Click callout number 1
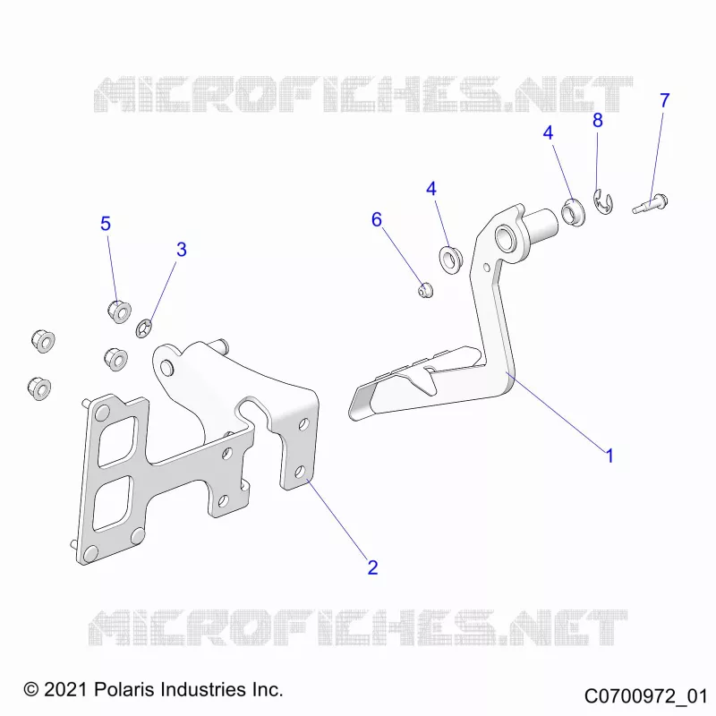[x=609, y=456]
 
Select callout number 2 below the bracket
[x=372, y=567]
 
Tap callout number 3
[x=182, y=250]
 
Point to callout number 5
[x=106, y=223]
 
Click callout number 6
[x=376, y=219]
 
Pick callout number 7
[x=664, y=100]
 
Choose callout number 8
[x=597, y=120]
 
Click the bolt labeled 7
[x=651, y=204]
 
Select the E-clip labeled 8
[x=603, y=201]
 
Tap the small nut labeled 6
[x=426, y=289]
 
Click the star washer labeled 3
[x=144, y=328]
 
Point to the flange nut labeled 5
[x=120, y=311]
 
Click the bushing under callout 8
[x=573, y=212]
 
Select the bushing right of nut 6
[x=451, y=259]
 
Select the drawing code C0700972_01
[x=645, y=696]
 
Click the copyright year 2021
[x=66, y=689]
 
